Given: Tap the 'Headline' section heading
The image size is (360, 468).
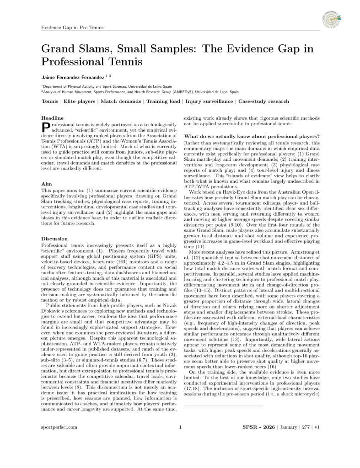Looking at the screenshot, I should pyautogui.click(x=52, y=118).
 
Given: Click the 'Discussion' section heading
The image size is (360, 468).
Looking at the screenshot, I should pyautogui.click(x=54, y=239).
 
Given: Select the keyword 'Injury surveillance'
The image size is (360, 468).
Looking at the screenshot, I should pyautogui.click(x=209, y=101).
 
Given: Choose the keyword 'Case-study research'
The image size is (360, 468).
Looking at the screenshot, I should pyautogui.click(x=263, y=101).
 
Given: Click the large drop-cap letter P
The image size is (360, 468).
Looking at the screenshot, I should pyautogui.click(x=45, y=128).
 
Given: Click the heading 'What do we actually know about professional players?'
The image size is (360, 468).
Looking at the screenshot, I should pyautogui.click(x=252, y=136).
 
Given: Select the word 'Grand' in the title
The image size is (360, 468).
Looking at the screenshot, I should pyautogui.click(x=59, y=48).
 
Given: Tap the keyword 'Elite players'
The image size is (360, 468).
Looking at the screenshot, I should pyautogui.click(x=80, y=101).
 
